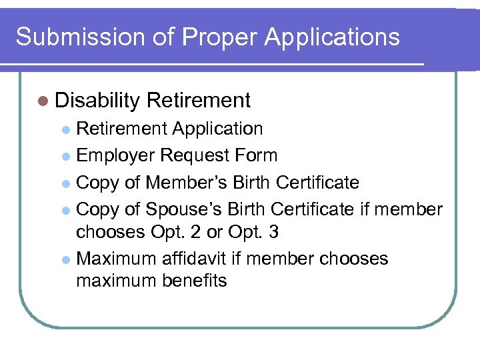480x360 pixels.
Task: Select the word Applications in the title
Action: (331, 37)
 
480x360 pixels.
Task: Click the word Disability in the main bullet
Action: (97, 101)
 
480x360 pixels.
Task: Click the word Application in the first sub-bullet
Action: (217, 128)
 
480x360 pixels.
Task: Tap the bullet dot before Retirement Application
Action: (65, 129)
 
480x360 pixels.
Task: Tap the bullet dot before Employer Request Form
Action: (65, 157)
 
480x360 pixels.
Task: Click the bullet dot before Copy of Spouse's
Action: (65, 210)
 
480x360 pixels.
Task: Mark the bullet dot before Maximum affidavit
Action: (65, 259)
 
